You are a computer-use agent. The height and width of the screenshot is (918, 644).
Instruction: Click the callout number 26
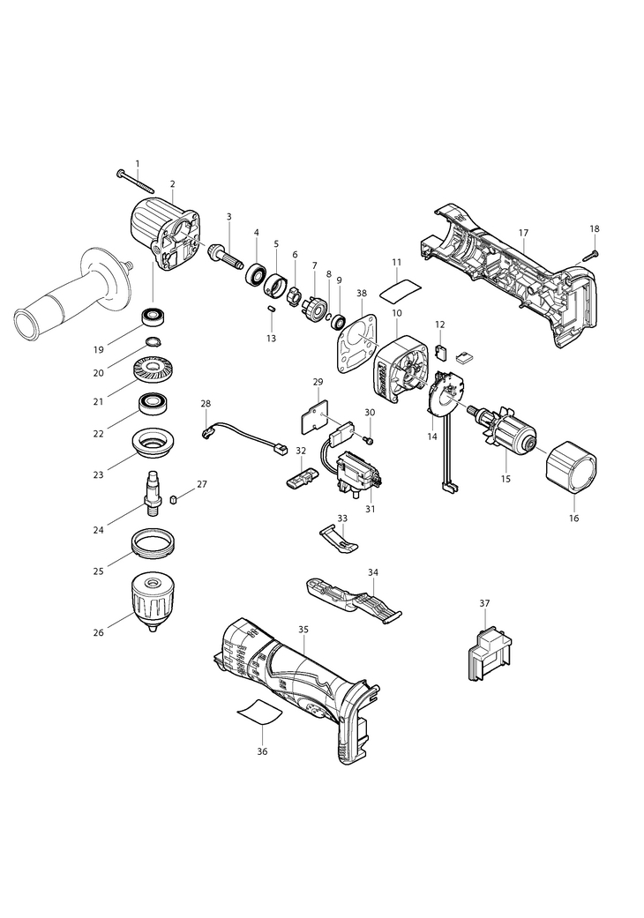pyautogui.click(x=98, y=632)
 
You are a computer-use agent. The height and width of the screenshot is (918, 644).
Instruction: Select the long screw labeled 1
pyautogui.click(x=135, y=181)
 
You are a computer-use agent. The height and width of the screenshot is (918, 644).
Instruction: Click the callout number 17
pyautogui.click(x=523, y=233)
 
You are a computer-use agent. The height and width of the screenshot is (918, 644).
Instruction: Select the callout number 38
pyautogui.click(x=361, y=293)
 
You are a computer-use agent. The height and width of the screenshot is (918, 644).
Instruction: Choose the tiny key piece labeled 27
pyautogui.click(x=173, y=499)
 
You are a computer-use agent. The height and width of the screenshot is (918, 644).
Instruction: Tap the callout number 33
pyautogui.click(x=342, y=519)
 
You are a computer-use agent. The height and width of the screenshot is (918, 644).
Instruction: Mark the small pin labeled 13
pyautogui.click(x=272, y=309)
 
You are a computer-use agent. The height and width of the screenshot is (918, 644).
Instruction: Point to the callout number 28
pyautogui.click(x=206, y=403)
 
